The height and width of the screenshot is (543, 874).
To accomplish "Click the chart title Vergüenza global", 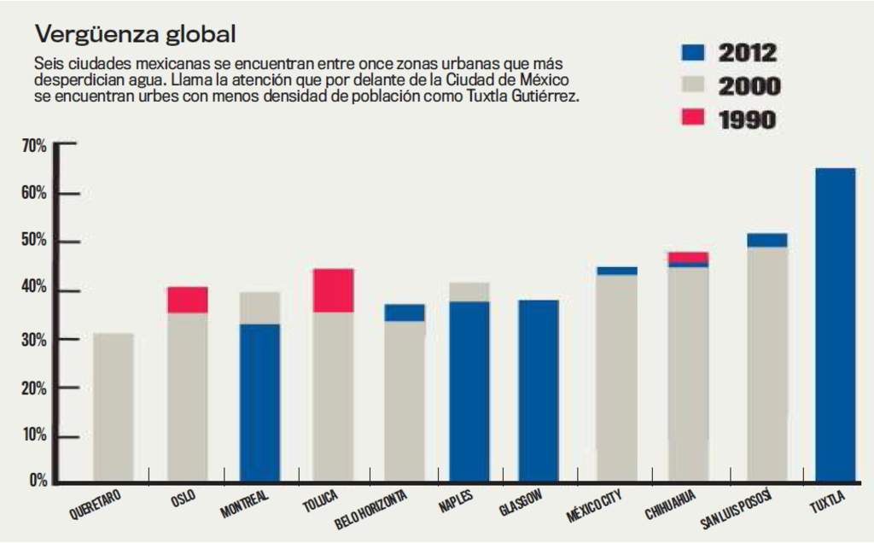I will coord(135,36).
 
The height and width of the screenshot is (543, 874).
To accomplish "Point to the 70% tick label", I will coord(34,146).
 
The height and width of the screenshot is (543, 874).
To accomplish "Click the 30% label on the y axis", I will coord(34,340).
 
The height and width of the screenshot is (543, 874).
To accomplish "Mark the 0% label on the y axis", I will coord(38,482).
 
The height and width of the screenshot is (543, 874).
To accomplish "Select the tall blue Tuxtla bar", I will coord(835,324).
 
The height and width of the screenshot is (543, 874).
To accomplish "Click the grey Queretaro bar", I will coord(113,406).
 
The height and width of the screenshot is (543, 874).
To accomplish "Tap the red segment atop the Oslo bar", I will coord(187,300).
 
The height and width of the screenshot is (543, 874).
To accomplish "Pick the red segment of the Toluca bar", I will coord(333,290).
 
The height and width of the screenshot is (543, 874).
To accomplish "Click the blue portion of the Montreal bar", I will coord(259,402).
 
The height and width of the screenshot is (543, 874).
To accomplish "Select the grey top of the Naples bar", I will coord(469,292).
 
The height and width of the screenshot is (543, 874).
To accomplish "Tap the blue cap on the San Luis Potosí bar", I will coord(767,240).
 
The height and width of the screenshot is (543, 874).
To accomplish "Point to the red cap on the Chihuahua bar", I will coord(688,257).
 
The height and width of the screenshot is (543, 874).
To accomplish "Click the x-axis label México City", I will coord(594,506).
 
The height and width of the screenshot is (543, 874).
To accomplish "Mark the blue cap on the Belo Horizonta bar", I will coord(405,312).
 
